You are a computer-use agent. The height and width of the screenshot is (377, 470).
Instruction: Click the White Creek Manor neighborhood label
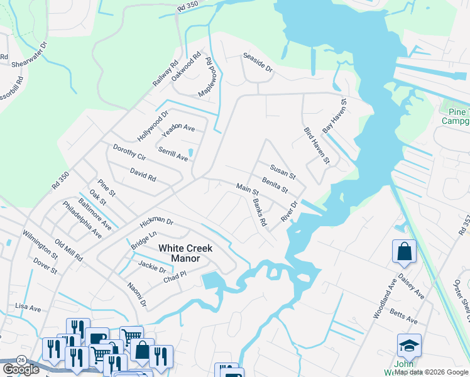(185, 253)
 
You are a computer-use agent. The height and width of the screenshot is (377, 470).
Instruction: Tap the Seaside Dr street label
(258, 62)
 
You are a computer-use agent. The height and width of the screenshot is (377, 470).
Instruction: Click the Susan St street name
(282, 170)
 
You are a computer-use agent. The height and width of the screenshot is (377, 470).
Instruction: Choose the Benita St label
(275, 185)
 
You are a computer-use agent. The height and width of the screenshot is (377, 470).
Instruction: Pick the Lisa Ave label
(28, 308)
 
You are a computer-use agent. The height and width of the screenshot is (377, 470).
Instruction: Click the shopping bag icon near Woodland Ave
(405, 251)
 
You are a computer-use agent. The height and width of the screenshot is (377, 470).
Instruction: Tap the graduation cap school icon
(408, 345)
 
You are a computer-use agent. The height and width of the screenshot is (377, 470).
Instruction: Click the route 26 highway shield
(22, 359)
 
